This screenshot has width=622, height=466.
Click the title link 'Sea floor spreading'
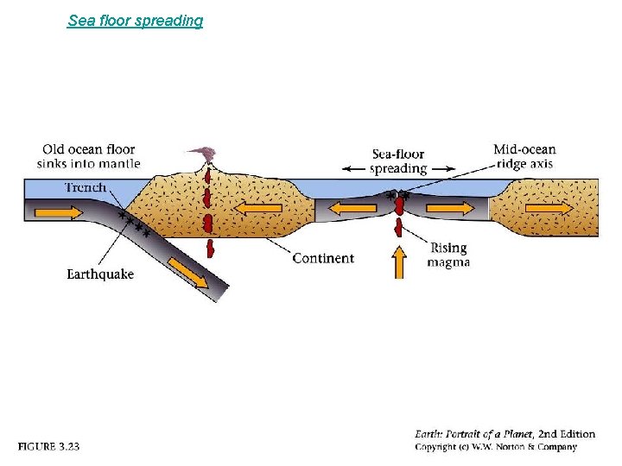pos(135,20)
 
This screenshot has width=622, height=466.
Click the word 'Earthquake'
pos(100,274)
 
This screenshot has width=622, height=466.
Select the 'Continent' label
pos(322,258)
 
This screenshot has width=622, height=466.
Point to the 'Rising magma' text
pos(448,255)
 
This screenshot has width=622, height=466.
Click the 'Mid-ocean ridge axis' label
pos(524,156)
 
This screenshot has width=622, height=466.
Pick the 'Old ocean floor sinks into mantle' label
pos(88,156)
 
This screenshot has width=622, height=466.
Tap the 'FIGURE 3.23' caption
pos(49,446)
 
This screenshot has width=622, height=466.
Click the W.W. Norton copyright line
pos(495,447)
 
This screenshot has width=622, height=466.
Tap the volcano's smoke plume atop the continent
pos(205,154)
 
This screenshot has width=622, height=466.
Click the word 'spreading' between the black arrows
pos(398,169)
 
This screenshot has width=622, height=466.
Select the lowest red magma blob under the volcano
pos(211,249)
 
